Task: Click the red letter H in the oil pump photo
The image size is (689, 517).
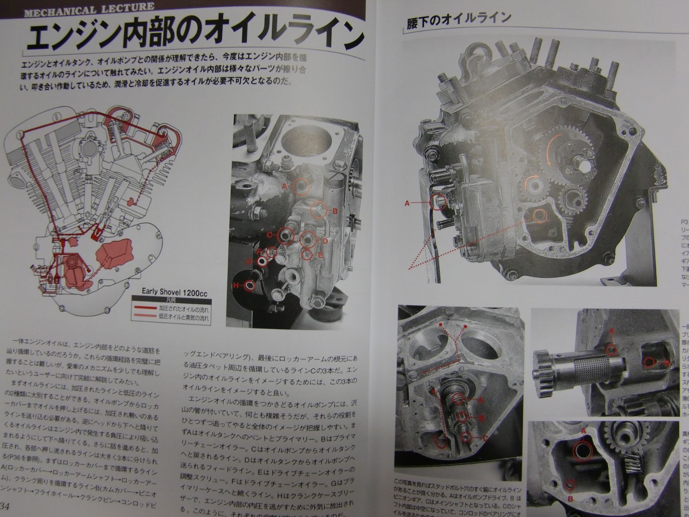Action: (x=236, y=285)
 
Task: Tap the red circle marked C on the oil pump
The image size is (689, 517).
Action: (x=286, y=236)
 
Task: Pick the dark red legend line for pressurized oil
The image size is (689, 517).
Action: (x=145, y=308)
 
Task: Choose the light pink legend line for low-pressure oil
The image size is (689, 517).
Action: (x=145, y=318)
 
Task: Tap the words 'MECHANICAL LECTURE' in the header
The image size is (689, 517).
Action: (x=89, y=8)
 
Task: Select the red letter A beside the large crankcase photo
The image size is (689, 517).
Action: (x=407, y=202)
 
